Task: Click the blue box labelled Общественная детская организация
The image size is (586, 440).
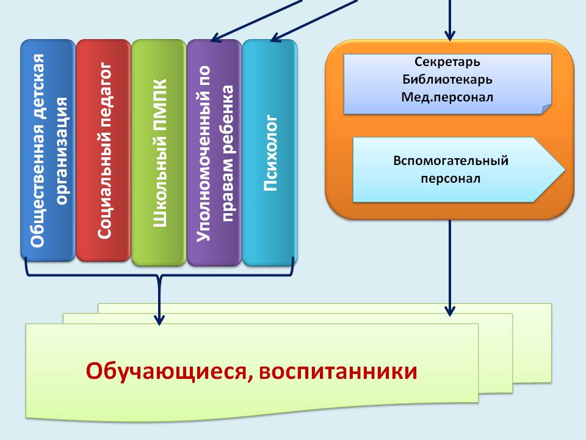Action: pos(48,150)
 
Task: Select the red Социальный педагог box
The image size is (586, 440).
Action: pos(104,150)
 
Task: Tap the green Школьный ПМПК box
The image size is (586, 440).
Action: pos(159,153)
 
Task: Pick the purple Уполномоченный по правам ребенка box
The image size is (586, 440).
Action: pos(214,153)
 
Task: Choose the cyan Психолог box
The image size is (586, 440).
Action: pos(270,153)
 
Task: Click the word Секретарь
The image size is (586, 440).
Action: pos(447,62)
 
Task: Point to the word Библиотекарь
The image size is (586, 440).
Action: pos(447,79)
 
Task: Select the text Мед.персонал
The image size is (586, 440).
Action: pos(447,97)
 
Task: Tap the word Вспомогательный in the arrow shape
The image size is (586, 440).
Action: pos(450,161)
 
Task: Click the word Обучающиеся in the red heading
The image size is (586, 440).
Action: pos(166,372)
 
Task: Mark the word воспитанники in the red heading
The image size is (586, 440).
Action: pos(338,372)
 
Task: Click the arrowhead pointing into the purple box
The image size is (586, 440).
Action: pos(216,37)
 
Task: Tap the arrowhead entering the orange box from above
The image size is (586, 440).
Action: pos(450,36)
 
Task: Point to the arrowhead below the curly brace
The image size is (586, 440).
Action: pos(159,320)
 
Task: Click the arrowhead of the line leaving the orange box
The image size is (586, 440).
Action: pos(450,312)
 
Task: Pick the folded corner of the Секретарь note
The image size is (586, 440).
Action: pos(546,109)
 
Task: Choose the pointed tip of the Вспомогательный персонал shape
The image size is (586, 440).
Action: pos(564,169)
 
